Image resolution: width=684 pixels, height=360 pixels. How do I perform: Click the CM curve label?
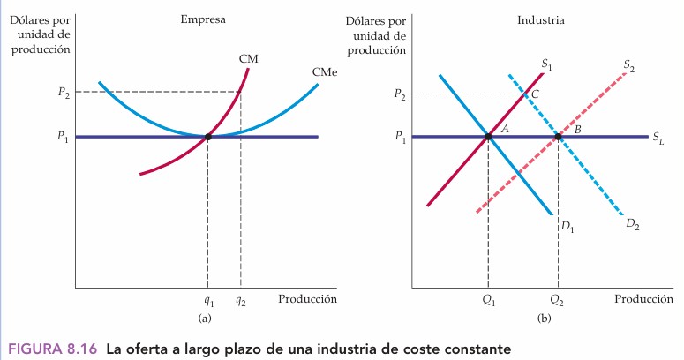pyautogui.click(x=248, y=58)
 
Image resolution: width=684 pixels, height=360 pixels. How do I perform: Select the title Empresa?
pyautogui.click(x=201, y=19)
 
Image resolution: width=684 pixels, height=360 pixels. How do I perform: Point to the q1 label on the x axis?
pyautogui.click(x=208, y=299)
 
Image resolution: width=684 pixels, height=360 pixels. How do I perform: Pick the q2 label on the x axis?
pyautogui.click(x=240, y=299)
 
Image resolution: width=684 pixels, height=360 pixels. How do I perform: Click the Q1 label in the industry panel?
pyautogui.click(x=488, y=299)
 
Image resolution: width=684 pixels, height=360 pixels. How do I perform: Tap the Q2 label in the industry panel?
pyautogui.click(x=558, y=299)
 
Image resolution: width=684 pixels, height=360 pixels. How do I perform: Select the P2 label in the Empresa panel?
pyautogui.click(x=64, y=92)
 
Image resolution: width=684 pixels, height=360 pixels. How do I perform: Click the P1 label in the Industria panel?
pyautogui.click(x=400, y=137)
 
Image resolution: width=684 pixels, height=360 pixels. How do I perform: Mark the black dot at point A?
pyautogui.click(x=488, y=137)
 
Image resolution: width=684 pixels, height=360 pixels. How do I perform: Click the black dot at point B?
pyautogui.click(x=558, y=137)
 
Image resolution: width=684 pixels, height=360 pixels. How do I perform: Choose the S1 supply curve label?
pyautogui.click(x=546, y=64)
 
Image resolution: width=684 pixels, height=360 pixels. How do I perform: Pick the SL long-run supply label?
pyautogui.click(x=658, y=138)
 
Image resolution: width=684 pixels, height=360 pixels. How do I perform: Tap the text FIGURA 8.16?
pyautogui.click(x=51, y=348)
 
